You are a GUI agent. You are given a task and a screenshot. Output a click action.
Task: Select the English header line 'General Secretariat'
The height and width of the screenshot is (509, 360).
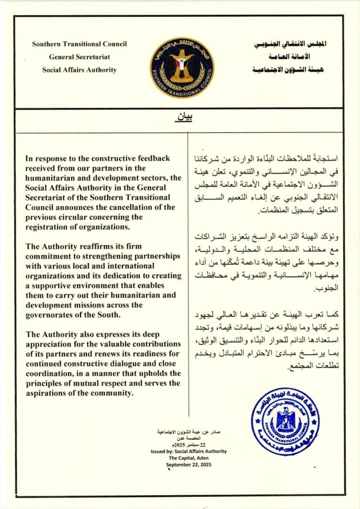[x=79, y=57]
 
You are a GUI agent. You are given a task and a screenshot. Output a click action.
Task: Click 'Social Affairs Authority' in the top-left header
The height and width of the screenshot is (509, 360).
[x=79, y=70]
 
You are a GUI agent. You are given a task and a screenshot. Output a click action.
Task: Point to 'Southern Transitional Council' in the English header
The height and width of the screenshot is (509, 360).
[x=79, y=44]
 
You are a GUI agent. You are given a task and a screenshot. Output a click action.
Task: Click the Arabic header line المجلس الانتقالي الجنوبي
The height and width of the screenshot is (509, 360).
[x=289, y=44]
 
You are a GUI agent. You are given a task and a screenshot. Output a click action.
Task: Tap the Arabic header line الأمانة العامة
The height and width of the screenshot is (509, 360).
[x=289, y=57]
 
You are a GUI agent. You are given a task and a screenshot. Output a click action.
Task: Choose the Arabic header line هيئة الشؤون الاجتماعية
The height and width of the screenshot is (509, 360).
[x=288, y=70]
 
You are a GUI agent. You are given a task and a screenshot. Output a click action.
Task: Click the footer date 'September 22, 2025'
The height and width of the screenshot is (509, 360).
[x=189, y=465]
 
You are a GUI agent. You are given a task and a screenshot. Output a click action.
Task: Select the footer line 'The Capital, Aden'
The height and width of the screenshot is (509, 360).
[x=189, y=458]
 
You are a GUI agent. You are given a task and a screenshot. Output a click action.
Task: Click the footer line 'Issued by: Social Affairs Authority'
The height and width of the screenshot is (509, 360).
[x=189, y=451]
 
